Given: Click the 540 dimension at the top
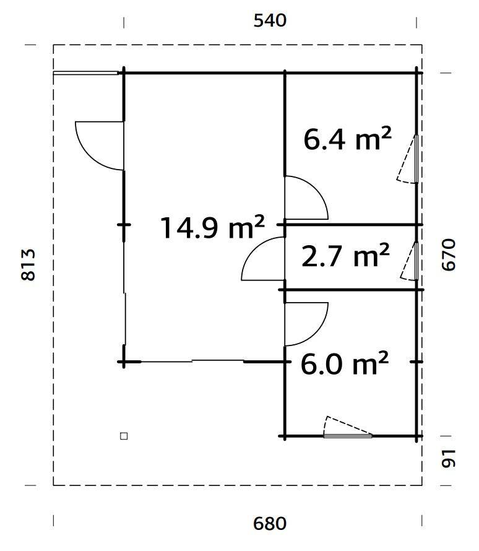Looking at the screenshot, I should point(270,20).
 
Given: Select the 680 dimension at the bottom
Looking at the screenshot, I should point(270,523).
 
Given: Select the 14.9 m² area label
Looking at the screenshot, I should point(212,227).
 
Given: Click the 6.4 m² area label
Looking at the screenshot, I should point(347,139).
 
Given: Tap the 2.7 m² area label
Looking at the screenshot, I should point(345,256).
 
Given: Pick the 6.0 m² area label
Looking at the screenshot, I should point(344,363).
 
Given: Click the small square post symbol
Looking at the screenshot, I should point(124,436).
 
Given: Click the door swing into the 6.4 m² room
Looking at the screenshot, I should point(305,198).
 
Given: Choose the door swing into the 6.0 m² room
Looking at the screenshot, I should point(305,323).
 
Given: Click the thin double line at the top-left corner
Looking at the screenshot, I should point(85,73).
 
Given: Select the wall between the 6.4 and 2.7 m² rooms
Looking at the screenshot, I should point(353,224).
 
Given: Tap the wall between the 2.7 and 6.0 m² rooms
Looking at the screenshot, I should point(353,290).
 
